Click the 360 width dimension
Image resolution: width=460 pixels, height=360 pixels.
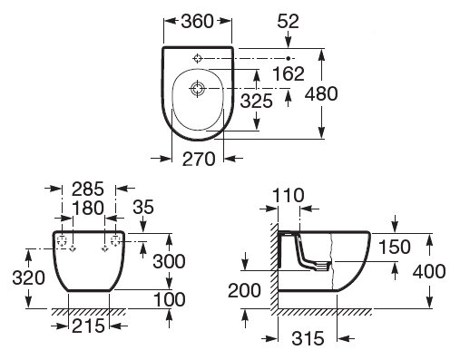(x=197, y=22)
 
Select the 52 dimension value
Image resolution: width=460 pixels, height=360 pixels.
(x=288, y=22)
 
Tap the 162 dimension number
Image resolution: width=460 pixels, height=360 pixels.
(x=289, y=73)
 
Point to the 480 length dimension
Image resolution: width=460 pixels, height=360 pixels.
(x=321, y=93)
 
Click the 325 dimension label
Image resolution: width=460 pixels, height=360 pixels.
(x=257, y=101)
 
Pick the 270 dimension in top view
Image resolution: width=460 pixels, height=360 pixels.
(x=199, y=159)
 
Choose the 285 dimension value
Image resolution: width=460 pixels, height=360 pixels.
(x=88, y=190)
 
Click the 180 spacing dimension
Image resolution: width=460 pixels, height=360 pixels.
(x=88, y=209)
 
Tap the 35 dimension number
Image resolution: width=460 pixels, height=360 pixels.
(x=143, y=208)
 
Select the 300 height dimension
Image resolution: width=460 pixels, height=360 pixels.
(x=169, y=261)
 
